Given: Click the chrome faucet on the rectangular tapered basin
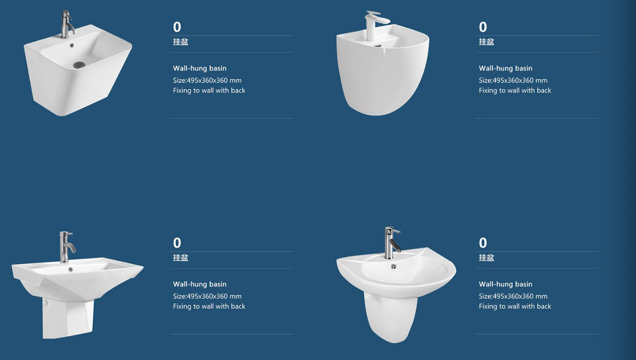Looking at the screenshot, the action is pyautogui.click(x=67, y=24).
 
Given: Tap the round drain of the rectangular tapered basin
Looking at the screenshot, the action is pyautogui.click(x=79, y=65).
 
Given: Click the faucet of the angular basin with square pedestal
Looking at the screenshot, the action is pyautogui.click(x=66, y=247).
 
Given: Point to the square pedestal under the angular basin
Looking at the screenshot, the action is pyautogui.click(x=68, y=317).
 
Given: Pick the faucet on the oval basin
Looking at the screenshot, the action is pyautogui.click(x=391, y=243).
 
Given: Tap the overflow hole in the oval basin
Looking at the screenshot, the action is pyautogui.click(x=393, y=266).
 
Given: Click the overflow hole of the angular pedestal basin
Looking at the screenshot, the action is pyautogui.click(x=70, y=269).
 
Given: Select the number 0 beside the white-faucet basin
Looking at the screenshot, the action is pyautogui.click(x=483, y=27).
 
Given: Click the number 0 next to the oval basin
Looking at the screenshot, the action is pyautogui.click(x=483, y=243).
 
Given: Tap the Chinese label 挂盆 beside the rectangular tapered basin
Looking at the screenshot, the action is pyautogui.click(x=181, y=42).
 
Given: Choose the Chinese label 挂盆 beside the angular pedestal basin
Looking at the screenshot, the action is pyautogui.click(x=181, y=258).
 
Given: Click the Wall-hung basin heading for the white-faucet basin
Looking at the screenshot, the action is pyautogui.click(x=505, y=68).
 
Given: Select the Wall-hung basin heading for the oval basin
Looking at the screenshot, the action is pyautogui.click(x=505, y=284).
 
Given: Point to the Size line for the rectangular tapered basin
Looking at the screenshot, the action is pyautogui.click(x=207, y=80).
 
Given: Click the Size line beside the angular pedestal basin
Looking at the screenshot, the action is pyautogui.click(x=207, y=296).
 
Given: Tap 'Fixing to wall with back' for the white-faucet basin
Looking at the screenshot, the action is pyautogui.click(x=515, y=91).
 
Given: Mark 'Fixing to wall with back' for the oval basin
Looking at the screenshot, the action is pyautogui.click(x=515, y=307).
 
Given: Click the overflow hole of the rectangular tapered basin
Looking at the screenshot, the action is pyautogui.click(x=72, y=45).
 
